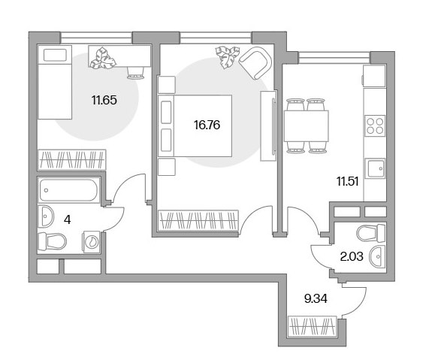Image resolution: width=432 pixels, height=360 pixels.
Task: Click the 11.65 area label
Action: [104, 100]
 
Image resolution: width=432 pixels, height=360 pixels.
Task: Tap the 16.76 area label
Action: [207, 125]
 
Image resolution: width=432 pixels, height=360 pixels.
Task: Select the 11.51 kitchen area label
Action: [347, 182]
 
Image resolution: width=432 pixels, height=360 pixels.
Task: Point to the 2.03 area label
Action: [352, 256]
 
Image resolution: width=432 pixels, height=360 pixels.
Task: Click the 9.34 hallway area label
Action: [316, 298]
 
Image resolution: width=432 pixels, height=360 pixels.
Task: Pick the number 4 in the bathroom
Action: [67, 219]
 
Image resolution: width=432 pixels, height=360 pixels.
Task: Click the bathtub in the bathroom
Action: [68, 190]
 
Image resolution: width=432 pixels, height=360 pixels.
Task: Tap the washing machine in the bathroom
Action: [92, 242]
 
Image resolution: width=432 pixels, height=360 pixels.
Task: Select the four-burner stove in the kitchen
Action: [375, 126]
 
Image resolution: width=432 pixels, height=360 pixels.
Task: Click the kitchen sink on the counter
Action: [375, 168]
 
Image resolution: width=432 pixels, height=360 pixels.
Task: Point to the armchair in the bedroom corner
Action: [255, 63]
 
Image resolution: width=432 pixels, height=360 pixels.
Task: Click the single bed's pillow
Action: [55, 55]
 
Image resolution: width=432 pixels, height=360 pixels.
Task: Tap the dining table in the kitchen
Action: [307, 126]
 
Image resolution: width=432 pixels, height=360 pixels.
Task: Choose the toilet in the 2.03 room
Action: [371, 233]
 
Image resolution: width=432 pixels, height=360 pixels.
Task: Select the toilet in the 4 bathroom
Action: [52, 241]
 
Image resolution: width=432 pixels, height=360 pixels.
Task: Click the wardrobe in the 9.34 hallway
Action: [312, 326]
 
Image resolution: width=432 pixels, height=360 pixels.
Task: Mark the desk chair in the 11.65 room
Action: [136, 73]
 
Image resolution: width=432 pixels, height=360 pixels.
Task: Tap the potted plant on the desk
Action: [103, 58]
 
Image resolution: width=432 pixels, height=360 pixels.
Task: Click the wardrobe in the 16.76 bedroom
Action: [198, 220]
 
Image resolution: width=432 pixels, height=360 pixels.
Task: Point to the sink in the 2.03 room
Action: [377, 257]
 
